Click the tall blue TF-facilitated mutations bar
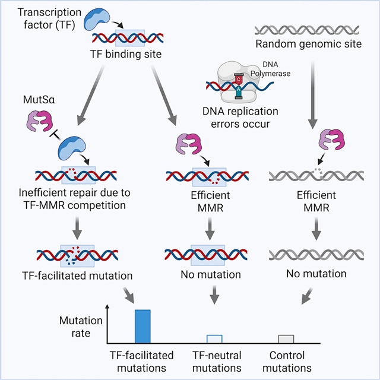142,326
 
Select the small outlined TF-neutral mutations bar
214,339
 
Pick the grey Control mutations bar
286,339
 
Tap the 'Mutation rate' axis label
81,327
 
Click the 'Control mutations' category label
287,361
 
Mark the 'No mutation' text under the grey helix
316,274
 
